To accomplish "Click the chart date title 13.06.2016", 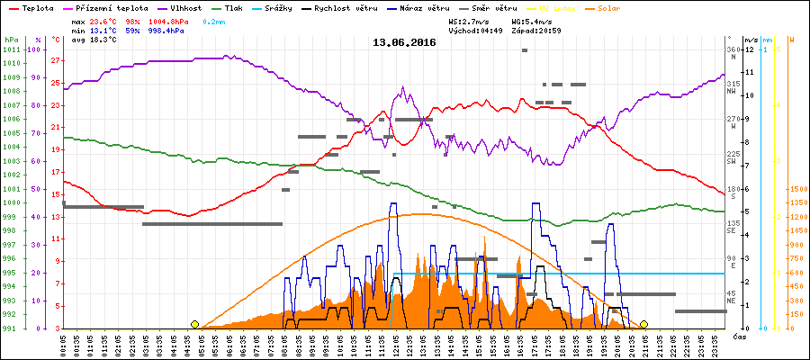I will click(405, 41).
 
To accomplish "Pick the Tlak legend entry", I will click(234, 7).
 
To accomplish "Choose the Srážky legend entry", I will click(288, 7).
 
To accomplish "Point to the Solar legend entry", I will click(621, 7).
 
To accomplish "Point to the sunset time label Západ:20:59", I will click(537, 30).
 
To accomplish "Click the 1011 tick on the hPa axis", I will click(11, 49).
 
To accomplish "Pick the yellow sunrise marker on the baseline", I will click(194, 324).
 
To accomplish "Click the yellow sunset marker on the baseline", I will click(643, 324).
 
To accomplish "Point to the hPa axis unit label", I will click(11, 40).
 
